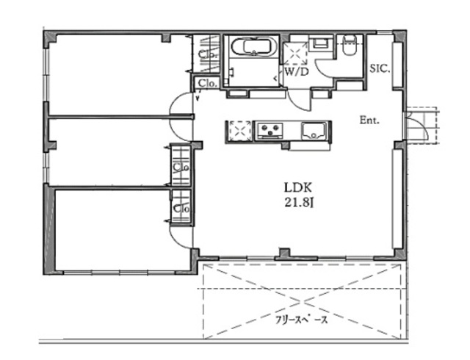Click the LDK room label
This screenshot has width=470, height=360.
(297, 188)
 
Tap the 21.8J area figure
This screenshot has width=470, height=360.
(299, 203)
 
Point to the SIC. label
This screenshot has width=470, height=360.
(380, 69)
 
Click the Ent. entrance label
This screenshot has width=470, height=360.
(369, 120)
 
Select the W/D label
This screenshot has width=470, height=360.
(296, 72)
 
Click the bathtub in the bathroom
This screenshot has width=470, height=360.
(254, 46)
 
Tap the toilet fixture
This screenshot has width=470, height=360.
(350, 46)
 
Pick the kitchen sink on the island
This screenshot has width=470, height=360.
(314, 131)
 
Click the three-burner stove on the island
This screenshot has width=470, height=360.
(270, 131)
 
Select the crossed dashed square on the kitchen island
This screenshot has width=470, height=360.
(240, 131)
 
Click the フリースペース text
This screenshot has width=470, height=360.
(302, 320)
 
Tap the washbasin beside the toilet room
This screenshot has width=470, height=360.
(321, 44)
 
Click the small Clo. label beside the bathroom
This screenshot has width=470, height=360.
(207, 84)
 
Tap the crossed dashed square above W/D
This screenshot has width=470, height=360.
(295, 54)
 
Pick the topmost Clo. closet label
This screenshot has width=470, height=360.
(207, 54)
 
